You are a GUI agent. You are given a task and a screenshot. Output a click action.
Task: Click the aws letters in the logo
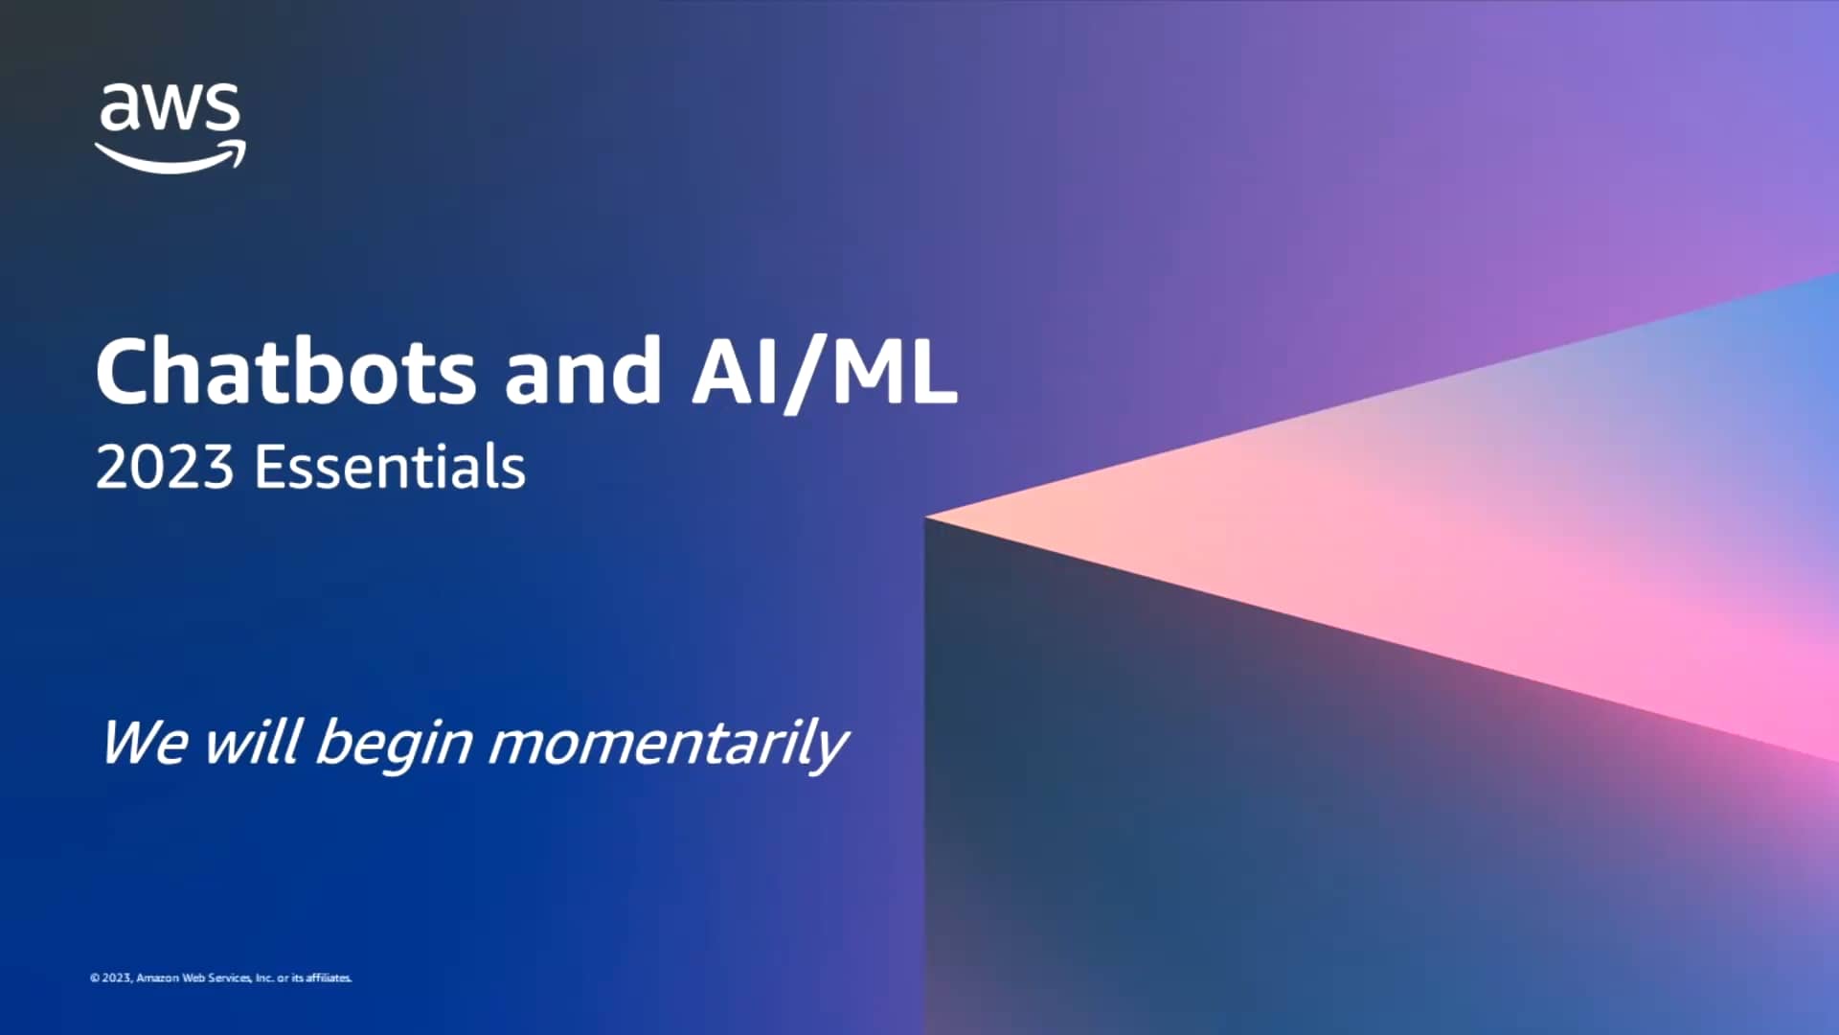tap(170, 107)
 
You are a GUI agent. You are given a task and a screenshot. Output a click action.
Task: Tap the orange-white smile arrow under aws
tap(170, 158)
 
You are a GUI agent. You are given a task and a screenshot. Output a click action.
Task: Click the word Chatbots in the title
tap(285, 372)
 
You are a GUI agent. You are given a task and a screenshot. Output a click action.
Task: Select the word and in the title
tap(582, 372)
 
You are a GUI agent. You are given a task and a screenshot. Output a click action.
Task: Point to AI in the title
tap(736, 372)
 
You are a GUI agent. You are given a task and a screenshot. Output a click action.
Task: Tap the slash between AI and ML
tap(806, 374)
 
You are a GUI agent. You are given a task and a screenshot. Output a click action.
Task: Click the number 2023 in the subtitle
tap(165, 468)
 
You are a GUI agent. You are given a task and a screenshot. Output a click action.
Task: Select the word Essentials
tap(390, 468)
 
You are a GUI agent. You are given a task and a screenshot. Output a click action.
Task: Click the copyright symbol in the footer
tap(95, 978)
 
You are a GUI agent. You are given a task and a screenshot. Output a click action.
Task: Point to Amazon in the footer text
tap(158, 978)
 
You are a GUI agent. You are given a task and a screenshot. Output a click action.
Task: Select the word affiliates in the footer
tap(329, 978)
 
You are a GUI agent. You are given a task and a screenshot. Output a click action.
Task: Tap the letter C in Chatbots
tap(125, 372)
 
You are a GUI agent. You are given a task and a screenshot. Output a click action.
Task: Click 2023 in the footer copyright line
tap(117, 978)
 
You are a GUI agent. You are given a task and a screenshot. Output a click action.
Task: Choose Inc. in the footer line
tap(264, 978)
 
